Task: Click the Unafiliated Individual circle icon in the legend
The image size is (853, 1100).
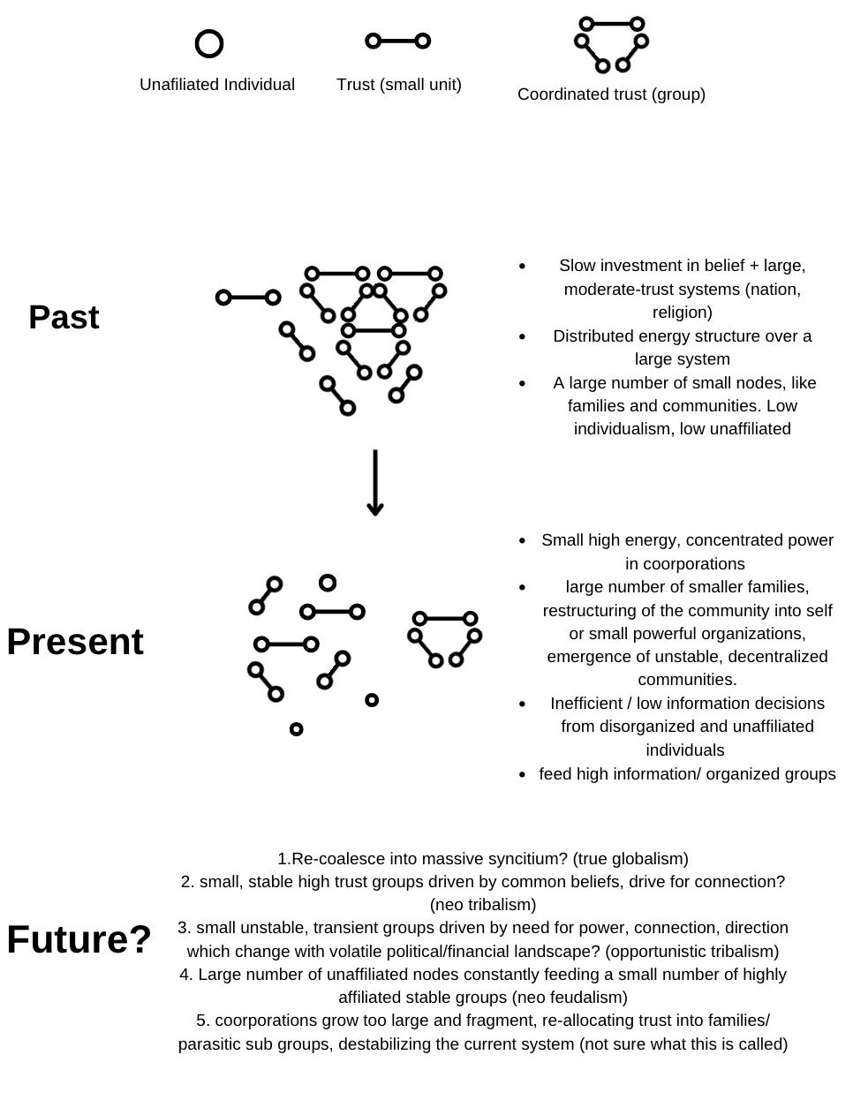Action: (209, 43)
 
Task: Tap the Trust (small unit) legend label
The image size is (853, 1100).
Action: (398, 85)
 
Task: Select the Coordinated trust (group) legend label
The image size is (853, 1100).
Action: (611, 94)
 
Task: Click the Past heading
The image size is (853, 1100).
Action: (64, 318)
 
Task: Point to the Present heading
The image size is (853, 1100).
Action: (75, 642)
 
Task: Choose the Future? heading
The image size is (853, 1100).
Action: (79, 940)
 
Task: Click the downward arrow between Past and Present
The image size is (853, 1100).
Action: (375, 483)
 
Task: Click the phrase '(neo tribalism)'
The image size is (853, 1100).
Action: (483, 905)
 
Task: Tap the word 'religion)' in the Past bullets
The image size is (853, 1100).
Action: (682, 313)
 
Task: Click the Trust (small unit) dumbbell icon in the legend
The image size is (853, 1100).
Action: (398, 41)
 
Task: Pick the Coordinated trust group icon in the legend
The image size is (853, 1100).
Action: (611, 43)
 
